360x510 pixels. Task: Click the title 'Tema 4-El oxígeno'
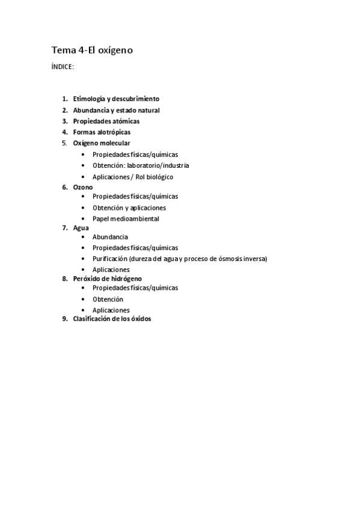92,51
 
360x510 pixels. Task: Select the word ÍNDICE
63,67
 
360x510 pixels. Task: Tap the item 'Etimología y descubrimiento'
116,99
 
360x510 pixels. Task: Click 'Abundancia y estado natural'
116,110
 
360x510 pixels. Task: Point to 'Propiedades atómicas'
106,121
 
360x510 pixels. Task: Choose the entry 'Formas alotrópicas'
102,132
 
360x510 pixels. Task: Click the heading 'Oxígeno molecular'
102,143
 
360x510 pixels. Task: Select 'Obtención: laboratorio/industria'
141,165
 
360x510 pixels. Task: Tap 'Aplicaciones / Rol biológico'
133,177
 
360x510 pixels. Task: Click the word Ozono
83,187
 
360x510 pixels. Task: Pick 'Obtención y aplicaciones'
129,207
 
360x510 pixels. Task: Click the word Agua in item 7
81,228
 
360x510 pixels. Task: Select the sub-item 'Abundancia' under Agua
110,237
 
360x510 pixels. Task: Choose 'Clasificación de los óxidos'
112,319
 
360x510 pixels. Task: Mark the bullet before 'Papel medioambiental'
82,219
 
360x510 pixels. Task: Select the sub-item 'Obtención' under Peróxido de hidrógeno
108,299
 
